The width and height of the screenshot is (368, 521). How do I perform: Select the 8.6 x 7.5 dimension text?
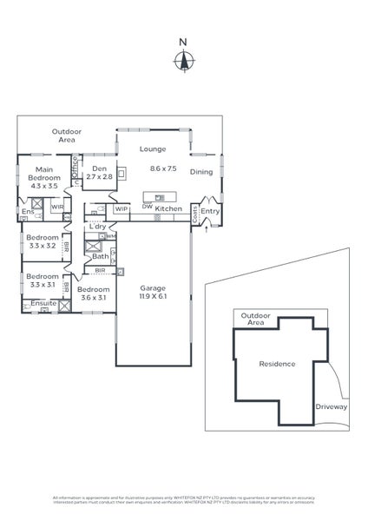[163, 168]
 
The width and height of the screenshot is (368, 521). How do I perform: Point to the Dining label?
[201, 172]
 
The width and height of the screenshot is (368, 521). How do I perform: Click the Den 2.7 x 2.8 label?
[99, 173]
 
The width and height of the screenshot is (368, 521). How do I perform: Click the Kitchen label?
[168, 208]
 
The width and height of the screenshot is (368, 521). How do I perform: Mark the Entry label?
[210, 211]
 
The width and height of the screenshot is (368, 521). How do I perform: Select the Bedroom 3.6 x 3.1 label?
[92, 293]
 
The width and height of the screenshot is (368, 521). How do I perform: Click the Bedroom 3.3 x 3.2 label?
[43, 242]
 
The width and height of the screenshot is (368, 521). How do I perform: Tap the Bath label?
[101, 256]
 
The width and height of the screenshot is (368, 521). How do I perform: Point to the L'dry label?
[97, 227]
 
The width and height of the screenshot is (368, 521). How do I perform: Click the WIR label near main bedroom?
[56, 208]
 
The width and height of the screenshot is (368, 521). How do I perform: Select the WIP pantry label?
[121, 208]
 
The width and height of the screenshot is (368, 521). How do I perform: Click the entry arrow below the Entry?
[207, 228]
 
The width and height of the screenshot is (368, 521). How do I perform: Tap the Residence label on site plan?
[278, 364]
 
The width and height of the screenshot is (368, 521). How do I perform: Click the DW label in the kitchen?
[148, 207]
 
